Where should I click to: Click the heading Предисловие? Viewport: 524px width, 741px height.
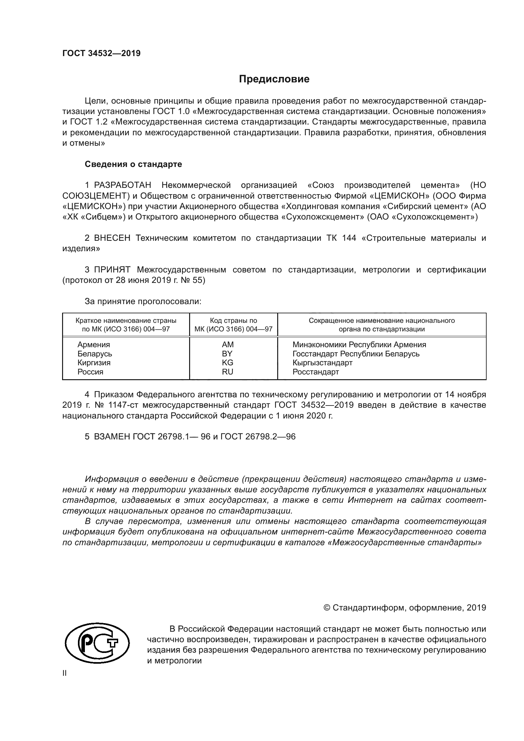[274, 79]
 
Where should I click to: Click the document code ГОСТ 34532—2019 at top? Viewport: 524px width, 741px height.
[101, 53]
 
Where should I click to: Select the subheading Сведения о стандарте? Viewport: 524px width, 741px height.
[133, 164]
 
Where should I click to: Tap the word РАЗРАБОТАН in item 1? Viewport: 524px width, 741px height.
[122, 185]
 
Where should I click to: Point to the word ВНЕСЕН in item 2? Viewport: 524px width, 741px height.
[112, 238]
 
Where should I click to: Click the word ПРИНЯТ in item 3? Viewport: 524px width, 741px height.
[112, 270]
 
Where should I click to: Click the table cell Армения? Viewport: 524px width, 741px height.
[93, 345]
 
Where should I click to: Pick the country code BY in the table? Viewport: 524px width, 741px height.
[227, 354]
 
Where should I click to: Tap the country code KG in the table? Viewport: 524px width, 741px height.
[227, 363]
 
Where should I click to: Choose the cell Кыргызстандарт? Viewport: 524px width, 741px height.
[322, 363]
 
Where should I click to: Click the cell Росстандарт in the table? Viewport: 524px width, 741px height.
[316, 372]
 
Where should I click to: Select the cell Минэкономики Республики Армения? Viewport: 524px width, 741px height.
[359, 345]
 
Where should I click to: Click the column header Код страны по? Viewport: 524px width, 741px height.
[233, 321]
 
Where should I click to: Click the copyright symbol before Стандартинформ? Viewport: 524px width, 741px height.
[327, 608]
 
